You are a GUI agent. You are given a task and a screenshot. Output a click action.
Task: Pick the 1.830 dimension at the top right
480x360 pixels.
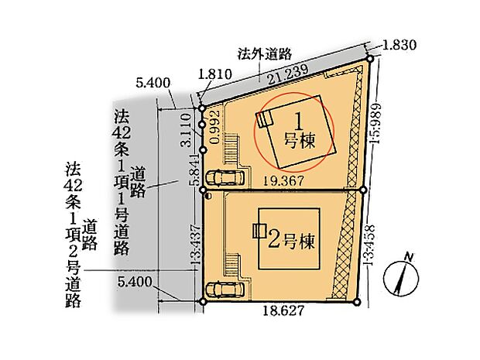tap(399, 45)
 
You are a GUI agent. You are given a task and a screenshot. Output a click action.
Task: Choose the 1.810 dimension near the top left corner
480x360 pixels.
tap(214, 74)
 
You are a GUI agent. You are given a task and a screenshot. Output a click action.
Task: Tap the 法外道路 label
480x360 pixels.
tap(263, 54)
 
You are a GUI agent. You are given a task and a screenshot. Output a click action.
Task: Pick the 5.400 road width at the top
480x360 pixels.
tap(152, 81)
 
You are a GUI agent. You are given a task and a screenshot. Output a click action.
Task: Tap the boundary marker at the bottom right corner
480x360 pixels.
tap(357, 302)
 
